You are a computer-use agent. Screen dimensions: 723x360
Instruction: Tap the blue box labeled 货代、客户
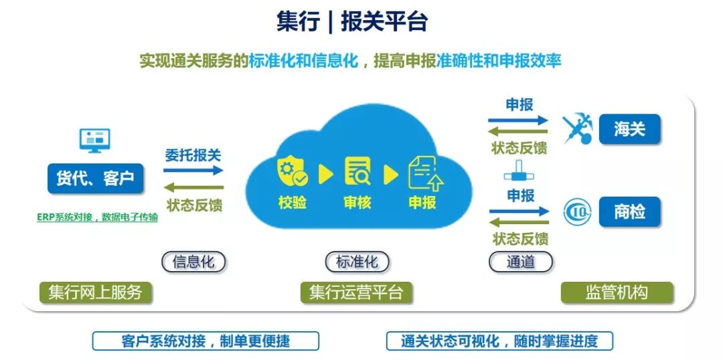pyautogui.click(x=95, y=179)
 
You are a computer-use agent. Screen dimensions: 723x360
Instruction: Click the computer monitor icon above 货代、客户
pyautogui.click(x=94, y=141)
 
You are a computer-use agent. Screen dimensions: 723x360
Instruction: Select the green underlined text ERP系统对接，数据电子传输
pyautogui.click(x=98, y=217)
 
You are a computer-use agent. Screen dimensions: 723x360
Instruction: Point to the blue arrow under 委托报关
pyautogui.click(x=193, y=171)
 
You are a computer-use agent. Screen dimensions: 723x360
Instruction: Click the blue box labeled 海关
pyautogui.click(x=629, y=128)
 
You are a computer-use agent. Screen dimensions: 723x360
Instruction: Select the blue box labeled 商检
pyautogui.click(x=629, y=212)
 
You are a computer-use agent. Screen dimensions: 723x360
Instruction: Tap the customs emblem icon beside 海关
pyautogui.click(x=576, y=128)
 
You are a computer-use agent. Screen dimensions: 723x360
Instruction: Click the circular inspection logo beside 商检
pyautogui.click(x=576, y=212)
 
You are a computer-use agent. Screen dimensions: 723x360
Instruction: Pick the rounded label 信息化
pyautogui.click(x=193, y=262)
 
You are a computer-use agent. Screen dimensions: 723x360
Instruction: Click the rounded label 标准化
pyautogui.click(x=357, y=262)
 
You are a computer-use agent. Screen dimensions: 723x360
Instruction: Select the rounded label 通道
pyautogui.click(x=521, y=262)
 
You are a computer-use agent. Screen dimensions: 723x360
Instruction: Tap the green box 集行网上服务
pyautogui.click(x=95, y=292)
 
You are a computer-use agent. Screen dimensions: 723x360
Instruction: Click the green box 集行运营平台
pyautogui.click(x=356, y=292)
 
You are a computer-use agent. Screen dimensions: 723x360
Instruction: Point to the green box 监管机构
pyautogui.click(x=617, y=292)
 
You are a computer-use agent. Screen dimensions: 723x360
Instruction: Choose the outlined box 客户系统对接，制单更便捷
pyautogui.click(x=206, y=341)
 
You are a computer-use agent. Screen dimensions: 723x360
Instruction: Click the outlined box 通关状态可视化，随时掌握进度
pyautogui.click(x=499, y=341)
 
